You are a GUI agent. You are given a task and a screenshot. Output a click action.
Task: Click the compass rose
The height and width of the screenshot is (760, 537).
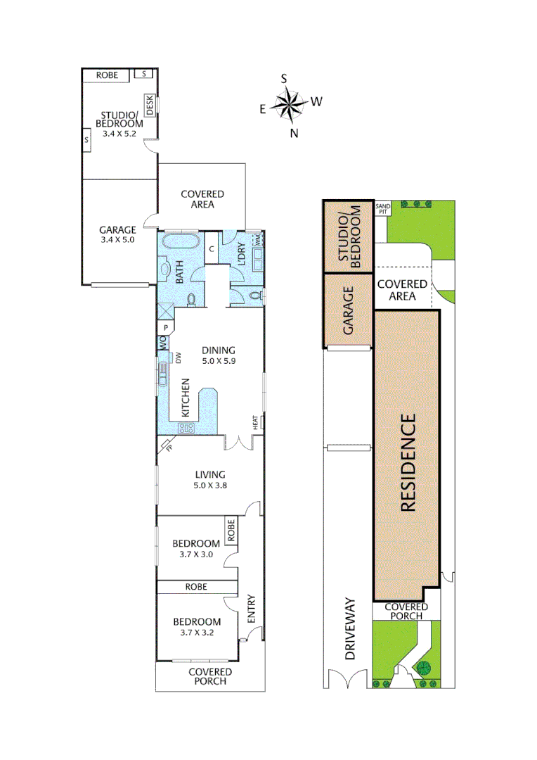click(x=287, y=105)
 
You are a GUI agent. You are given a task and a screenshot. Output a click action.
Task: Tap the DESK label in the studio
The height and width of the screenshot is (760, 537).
click(x=150, y=104)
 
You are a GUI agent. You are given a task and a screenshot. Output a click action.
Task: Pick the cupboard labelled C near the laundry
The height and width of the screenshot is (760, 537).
click(x=212, y=248)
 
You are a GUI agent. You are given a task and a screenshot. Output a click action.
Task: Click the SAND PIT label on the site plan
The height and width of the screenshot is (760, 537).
click(x=383, y=208)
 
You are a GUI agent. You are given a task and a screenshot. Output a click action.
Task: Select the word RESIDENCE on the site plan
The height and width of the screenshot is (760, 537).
click(x=408, y=462)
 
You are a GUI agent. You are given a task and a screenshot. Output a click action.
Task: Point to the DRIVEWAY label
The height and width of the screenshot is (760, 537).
click(x=351, y=631)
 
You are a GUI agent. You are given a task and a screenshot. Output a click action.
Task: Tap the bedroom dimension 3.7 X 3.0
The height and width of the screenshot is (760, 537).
click(x=197, y=554)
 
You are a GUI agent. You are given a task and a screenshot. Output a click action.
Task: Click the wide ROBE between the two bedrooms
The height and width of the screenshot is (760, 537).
click(x=196, y=586)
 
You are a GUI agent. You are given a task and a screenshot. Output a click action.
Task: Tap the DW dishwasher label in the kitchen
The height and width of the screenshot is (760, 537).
click(x=179, y=358)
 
